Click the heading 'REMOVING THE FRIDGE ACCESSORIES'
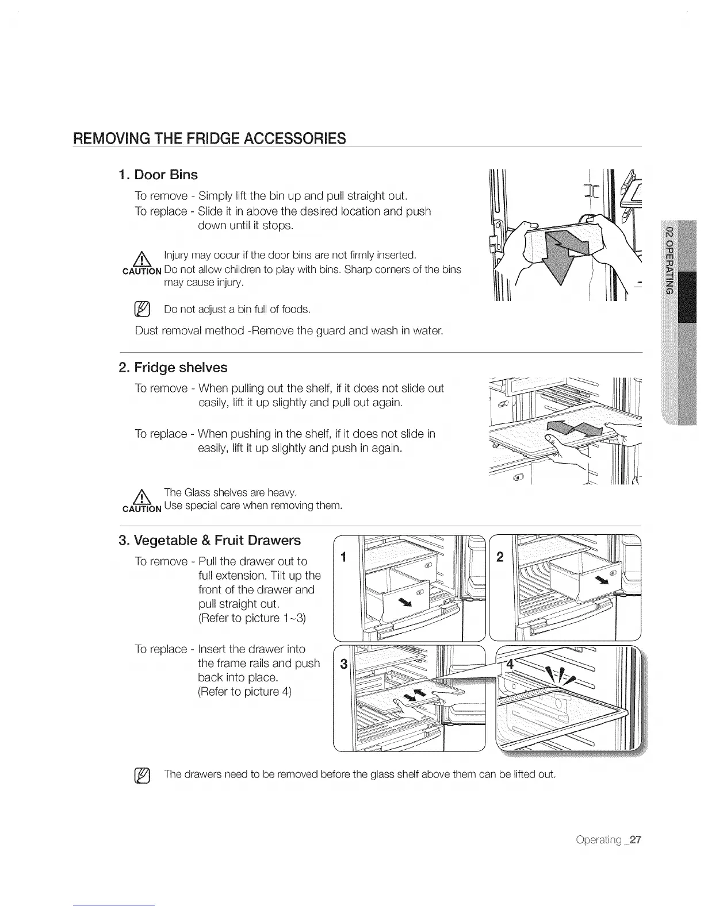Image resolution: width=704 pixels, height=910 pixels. coord(209,138)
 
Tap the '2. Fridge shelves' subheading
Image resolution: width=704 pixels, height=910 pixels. coord(173,368)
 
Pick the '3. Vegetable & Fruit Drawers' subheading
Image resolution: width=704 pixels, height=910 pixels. coord(209,541)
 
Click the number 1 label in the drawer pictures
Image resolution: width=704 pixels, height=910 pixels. coord(343,557)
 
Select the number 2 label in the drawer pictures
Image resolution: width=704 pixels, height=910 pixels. coord(500,557)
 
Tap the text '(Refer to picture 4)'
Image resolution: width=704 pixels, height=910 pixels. coord(244,692)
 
